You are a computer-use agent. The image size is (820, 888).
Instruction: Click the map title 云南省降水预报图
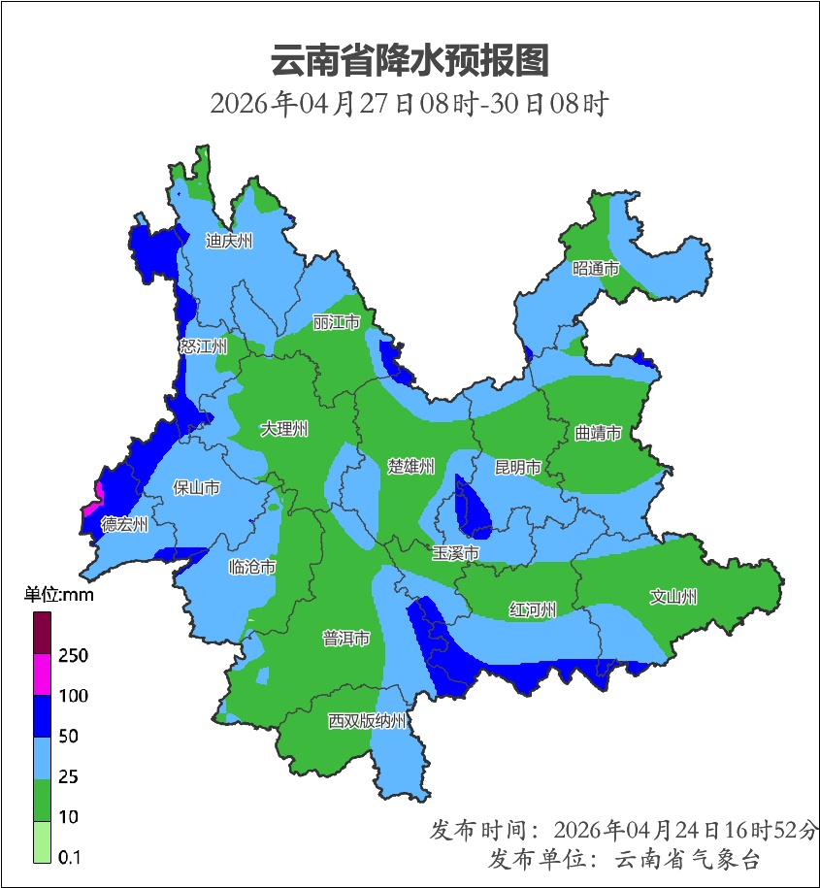[x=410, y=61]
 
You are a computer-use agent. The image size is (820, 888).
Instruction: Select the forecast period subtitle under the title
[x=410, y=104]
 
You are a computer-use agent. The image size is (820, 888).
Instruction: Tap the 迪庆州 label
[x=229, y=241]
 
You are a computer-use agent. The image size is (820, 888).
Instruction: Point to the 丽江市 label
[x=337, y=321]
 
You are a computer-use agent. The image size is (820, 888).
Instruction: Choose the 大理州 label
[x=284, y=428]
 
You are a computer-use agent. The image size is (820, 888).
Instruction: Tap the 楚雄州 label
[x=410, y=467]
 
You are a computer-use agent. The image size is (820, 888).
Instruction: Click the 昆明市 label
[x=517, y=467]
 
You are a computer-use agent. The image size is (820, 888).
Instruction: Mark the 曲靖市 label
[x=597, y=433]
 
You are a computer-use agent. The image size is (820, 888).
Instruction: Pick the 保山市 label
[x=196, y=487]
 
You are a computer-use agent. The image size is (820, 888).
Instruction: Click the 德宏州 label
[x=125, y=524]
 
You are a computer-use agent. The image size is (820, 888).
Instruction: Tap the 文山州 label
[x=673, y=597]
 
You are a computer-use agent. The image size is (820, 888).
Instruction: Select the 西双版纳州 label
[x=367, y=721]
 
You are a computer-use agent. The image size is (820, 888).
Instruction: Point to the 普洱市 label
[x=345, y=639]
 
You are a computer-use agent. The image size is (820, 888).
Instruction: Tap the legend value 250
[x=73, y=656]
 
